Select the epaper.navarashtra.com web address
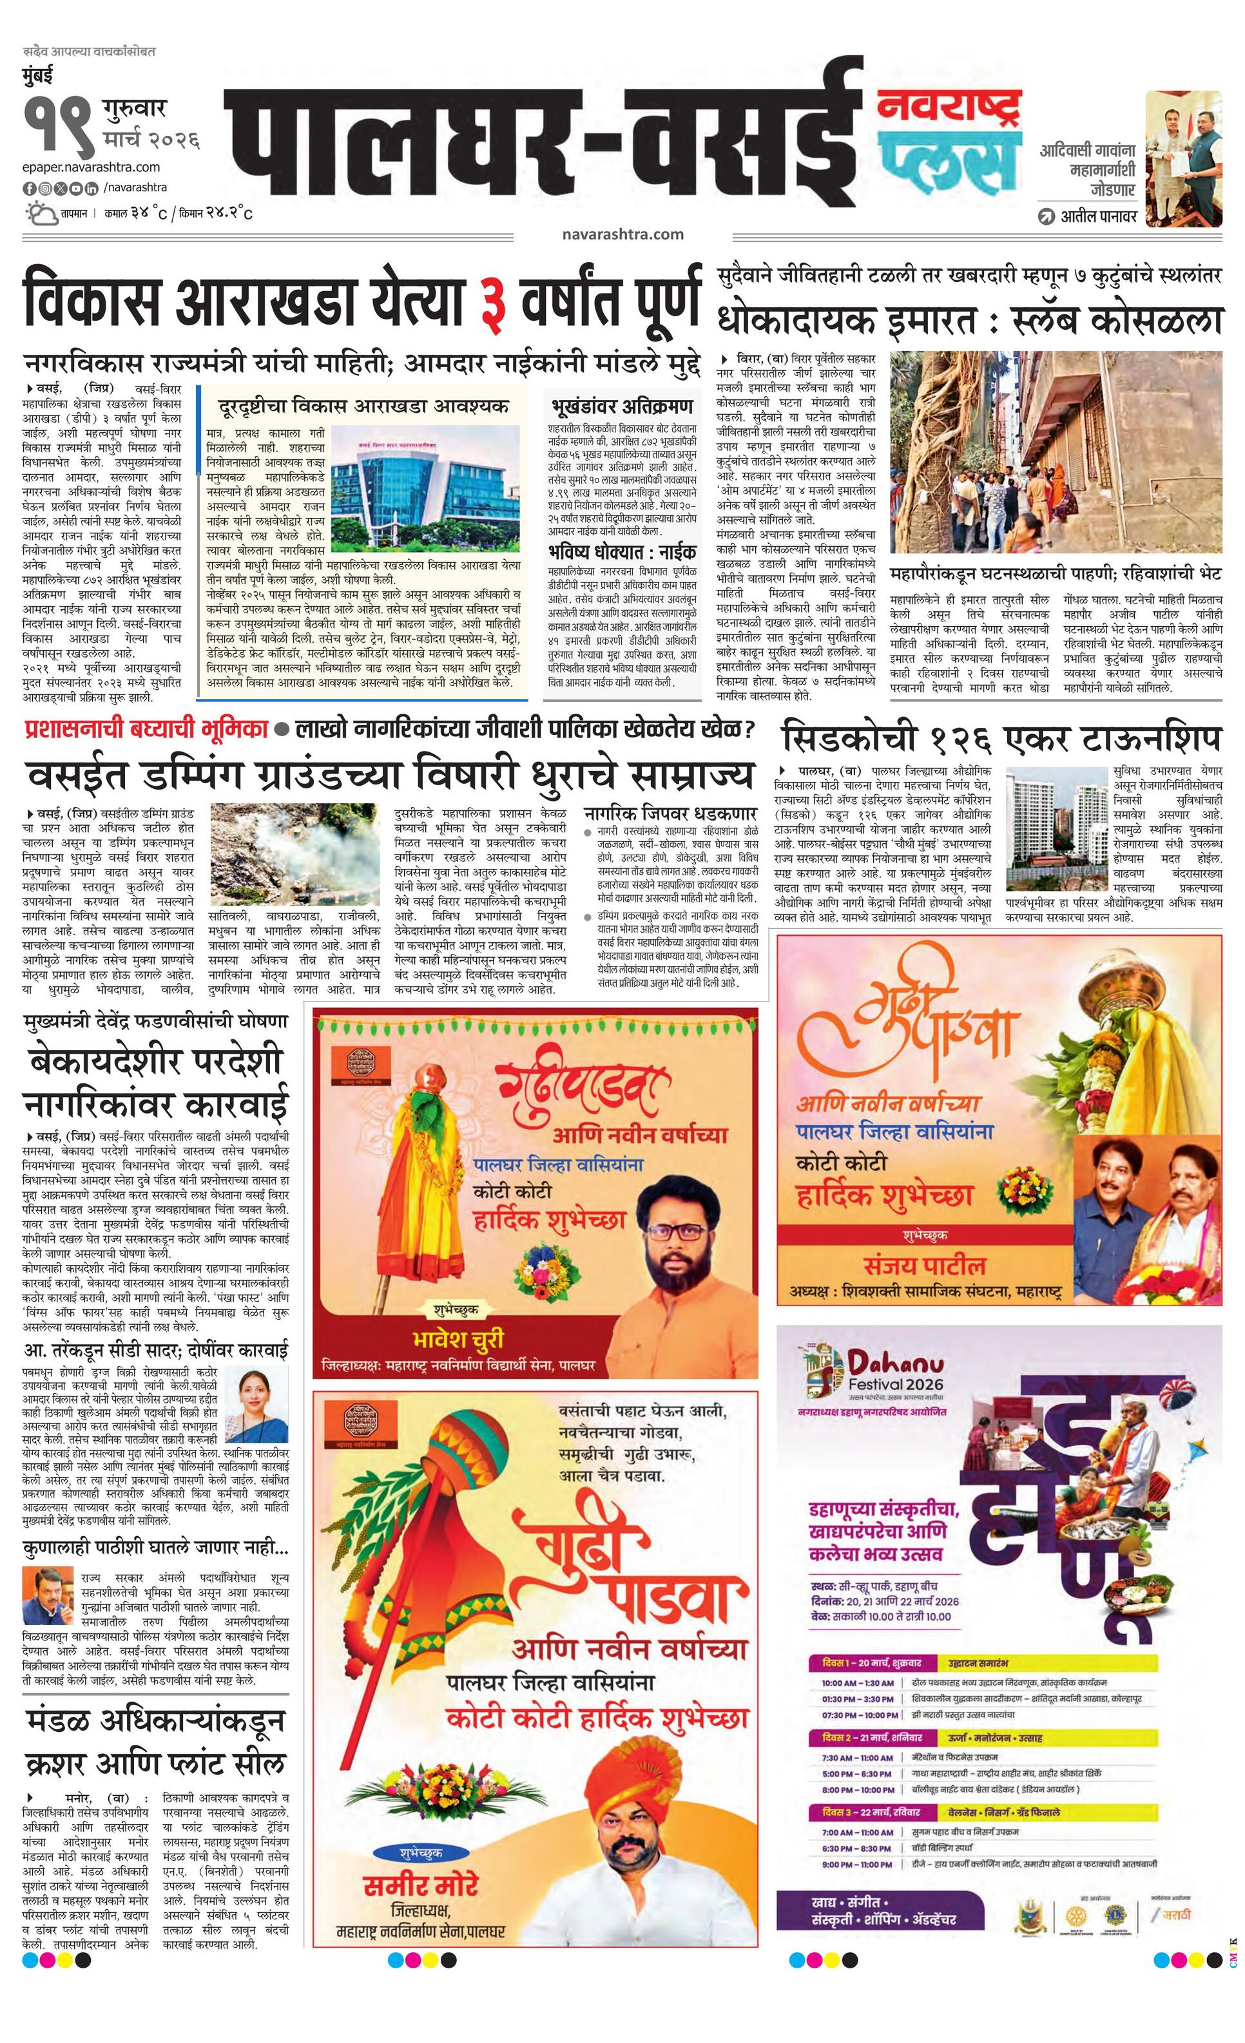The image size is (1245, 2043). [92, 167]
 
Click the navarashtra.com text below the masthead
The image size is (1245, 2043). [622, 234]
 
